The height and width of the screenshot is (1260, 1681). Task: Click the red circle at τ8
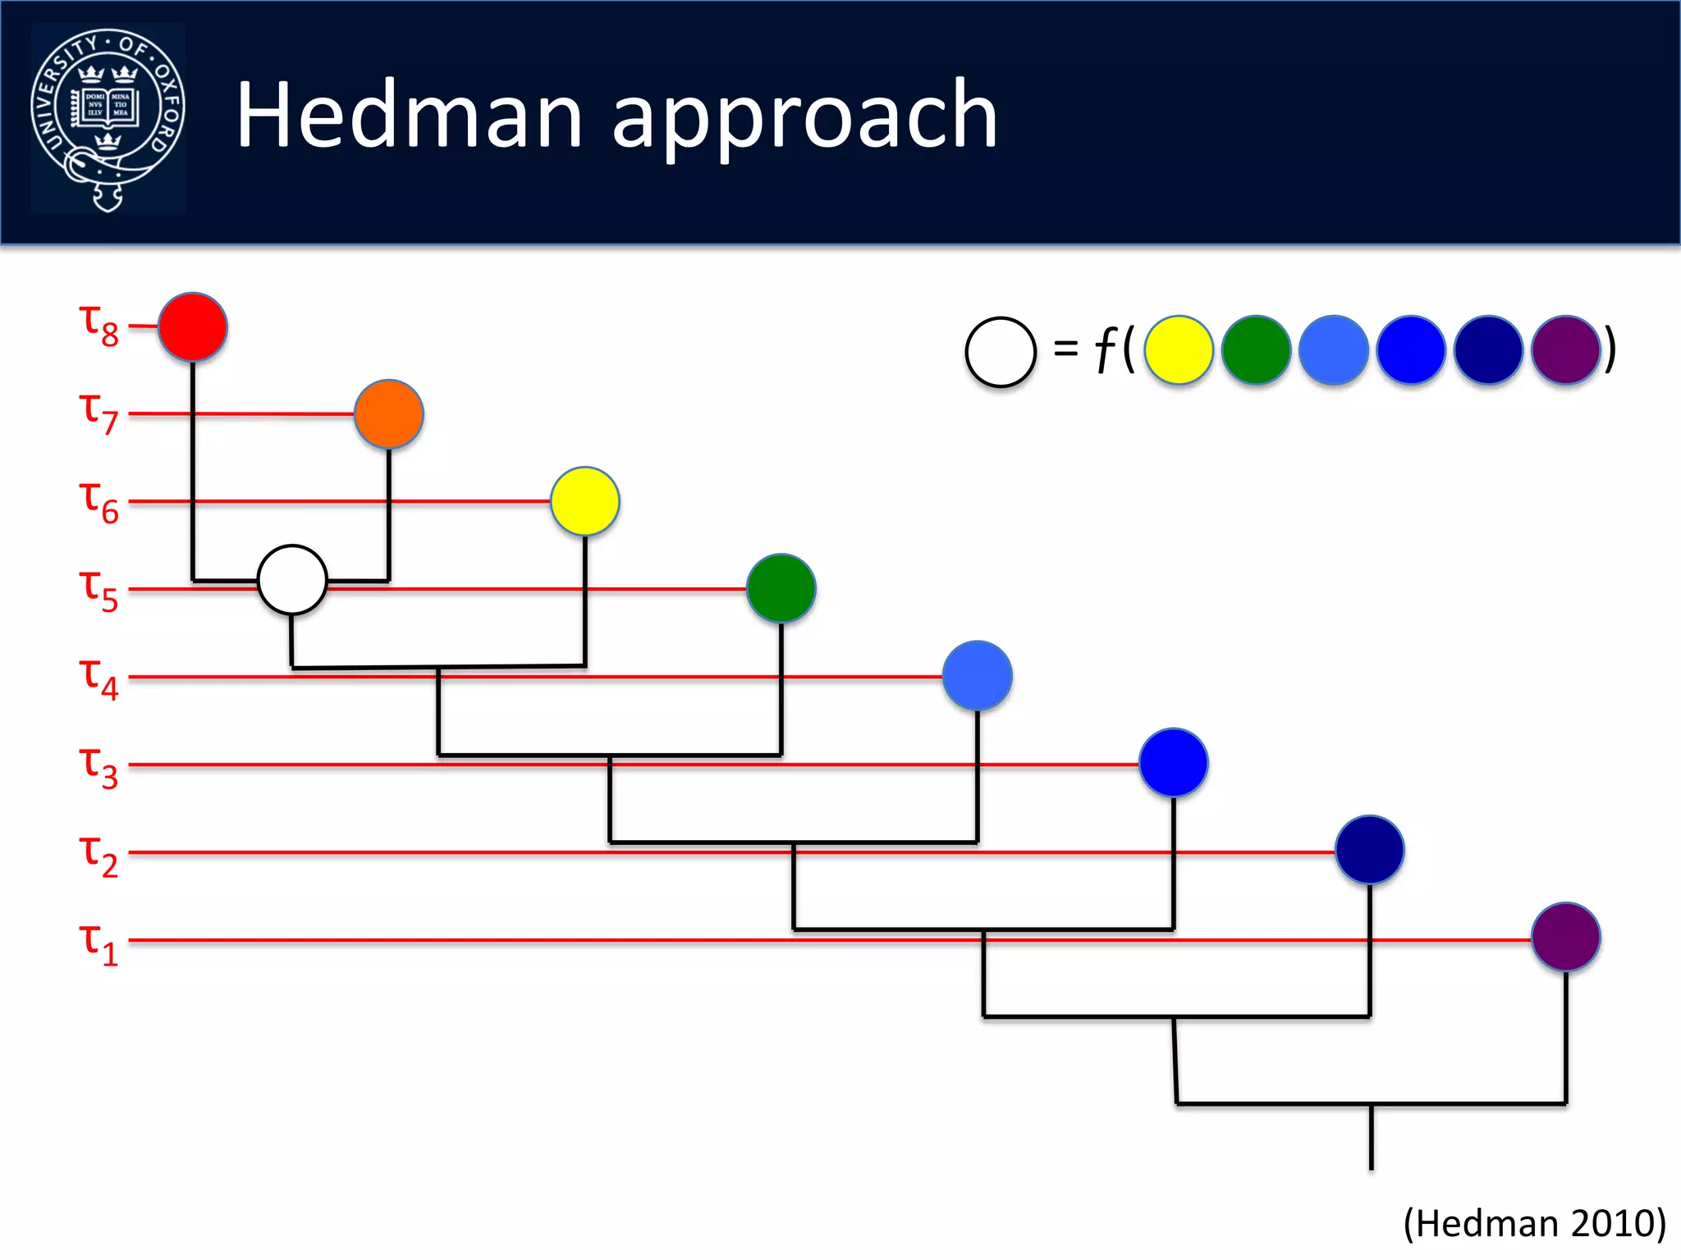[193, 326]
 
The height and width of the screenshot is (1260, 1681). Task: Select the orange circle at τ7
[389, 414]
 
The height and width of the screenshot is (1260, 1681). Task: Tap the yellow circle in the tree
[585, 501]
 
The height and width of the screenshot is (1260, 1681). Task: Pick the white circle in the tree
[292, 580]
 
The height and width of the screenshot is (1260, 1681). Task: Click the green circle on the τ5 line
[781, 588]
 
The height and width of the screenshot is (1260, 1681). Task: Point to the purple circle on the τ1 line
[1566, 937]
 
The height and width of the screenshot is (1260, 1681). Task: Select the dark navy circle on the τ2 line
[1370, 850]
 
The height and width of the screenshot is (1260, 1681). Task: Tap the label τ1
[99, 943]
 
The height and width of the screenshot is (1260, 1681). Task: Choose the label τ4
[99, 678]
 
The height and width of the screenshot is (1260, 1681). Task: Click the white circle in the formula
[1001, 352]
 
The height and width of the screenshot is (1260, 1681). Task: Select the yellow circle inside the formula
[1179, 350]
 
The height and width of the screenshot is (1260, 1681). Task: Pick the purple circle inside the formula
[1566, 350]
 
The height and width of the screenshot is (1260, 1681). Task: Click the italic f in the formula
[1106, 350]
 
